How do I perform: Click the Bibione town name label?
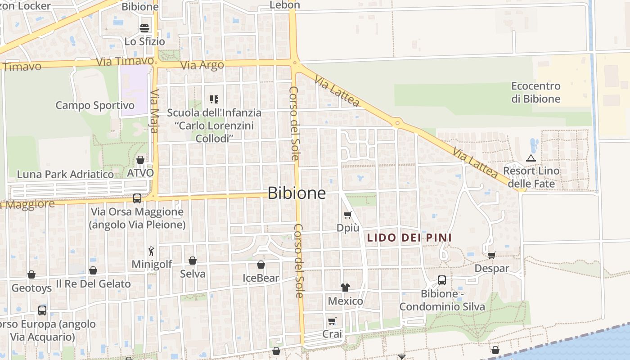pos(297,193)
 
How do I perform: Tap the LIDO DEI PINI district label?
pos(409,238)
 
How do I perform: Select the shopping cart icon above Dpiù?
pos(347,215)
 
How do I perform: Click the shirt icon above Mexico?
pos(345,288)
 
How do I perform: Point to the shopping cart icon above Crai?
pos(332,321)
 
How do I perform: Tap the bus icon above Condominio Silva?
pos(442,280)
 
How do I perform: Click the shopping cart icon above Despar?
pos(492,255)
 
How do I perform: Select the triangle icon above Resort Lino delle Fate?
pos(531,158)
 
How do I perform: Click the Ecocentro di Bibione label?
pos(536,92)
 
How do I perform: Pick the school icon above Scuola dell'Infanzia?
pos(214,99)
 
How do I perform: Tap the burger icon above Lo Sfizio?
pos(144,28)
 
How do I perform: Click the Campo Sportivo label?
pos(95,106)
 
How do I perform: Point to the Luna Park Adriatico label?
pos(65,174)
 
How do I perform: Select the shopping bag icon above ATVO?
pos(140,160)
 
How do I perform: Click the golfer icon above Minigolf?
pos(152,251)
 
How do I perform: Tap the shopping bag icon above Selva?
pos(193,261)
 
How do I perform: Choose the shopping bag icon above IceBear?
pos(261,265)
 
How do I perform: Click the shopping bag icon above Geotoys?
pos(31,274)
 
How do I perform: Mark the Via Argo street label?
pos(202,65)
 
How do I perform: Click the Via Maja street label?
pos(154,111)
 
